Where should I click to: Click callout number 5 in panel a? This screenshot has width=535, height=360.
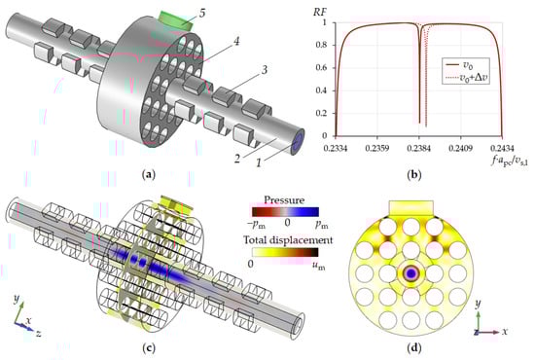[202, 14]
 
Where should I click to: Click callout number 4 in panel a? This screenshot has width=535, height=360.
[236, 41]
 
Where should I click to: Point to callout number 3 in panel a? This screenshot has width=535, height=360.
[264, 70]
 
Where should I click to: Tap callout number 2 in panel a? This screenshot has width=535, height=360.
[237, 159]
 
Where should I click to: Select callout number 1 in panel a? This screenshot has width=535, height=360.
[259, 162]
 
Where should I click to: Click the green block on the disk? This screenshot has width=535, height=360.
[177, 20]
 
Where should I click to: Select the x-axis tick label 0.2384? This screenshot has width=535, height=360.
[419, 149]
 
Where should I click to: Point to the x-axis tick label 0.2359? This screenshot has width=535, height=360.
[377, 149]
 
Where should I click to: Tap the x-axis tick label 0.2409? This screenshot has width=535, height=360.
[460, 149]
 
